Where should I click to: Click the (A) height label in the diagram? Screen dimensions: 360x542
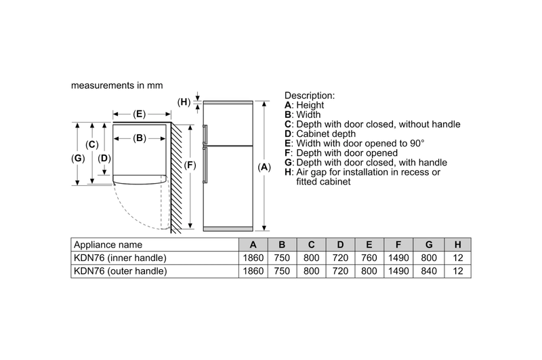point(264,167)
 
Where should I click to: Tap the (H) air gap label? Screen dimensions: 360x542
point(184,102)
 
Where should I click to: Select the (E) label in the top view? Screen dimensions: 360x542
point(139,115)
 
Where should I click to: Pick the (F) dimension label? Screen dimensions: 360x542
point(190,165)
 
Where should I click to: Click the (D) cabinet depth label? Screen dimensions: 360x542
point(104,158)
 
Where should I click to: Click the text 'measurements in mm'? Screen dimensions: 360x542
point(117,87)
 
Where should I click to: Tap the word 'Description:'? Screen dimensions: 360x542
point(309,96)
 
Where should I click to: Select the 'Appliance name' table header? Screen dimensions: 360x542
point(108,245)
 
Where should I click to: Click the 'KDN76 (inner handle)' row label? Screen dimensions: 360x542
point(120,258)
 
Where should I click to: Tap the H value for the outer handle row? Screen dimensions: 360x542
point(458,271)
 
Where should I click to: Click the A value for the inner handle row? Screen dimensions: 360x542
point(252,258)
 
